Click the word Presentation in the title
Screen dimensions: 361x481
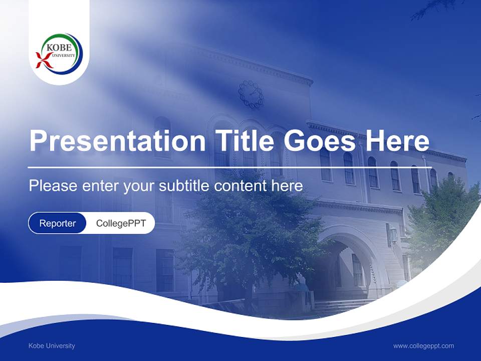[x=117, y=141]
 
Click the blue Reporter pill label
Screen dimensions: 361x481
[x=57, y=223]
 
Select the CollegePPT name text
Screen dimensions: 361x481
[x=121, y=223]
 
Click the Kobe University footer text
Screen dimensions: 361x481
[x=52, y=345]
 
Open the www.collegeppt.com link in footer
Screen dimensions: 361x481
[x=423, y=345]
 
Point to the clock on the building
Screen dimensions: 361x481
[x=251, y=94]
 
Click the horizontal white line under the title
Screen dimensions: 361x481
[x=229, y=167]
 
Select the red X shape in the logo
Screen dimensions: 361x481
[x=44, y=60]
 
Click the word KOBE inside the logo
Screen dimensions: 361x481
[x=57, y=47]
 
